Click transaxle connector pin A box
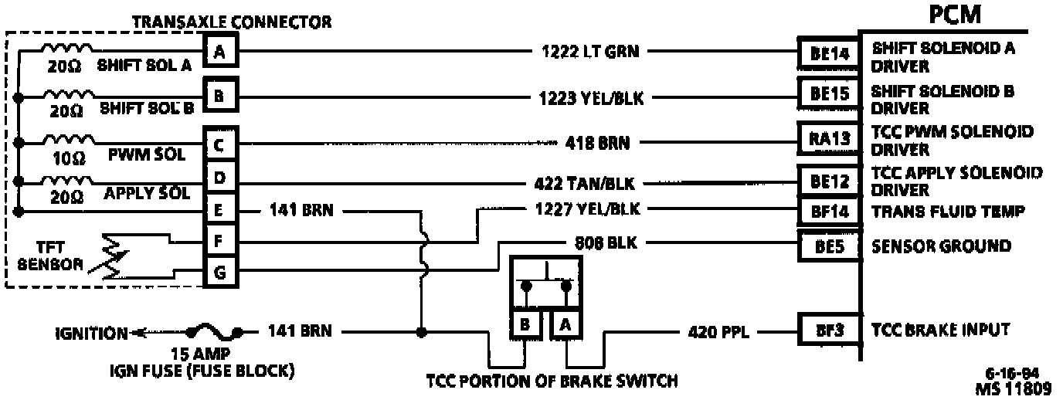[220, 53]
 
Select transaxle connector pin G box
[220, 272]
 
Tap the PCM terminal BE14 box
[830, 53]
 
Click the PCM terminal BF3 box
[830, 331]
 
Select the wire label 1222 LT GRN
[593, 53]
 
